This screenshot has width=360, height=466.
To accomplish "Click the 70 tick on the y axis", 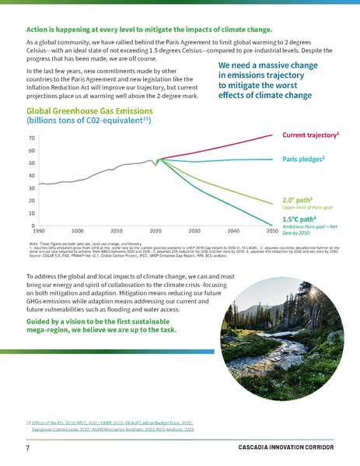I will pyautogui.click(x=30, y=138).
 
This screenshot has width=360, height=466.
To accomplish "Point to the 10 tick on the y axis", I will pyautogui.click(x=30, y=213).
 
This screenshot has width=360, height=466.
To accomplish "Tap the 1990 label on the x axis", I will pyautogui.click(x=37, y=232).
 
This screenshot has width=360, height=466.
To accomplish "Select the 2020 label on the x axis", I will pyautogui.click(x=156, y=232).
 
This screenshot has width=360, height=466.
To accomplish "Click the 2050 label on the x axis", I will pyautogui.click(x=272, y=232).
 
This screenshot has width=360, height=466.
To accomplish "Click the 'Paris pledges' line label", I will pyautogui.click(x=304, y=159).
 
